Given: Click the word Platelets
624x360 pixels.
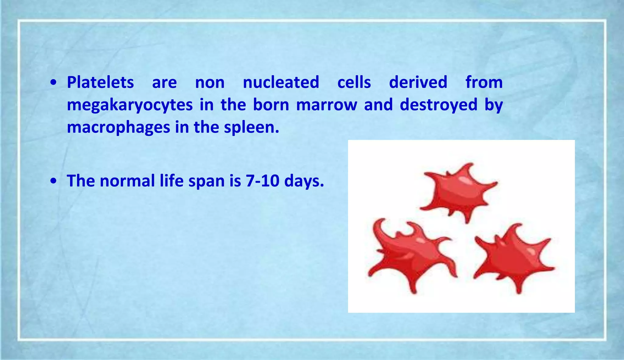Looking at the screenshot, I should [x=100, y=83].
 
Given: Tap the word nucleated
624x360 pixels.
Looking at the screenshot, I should [x=281, y=83].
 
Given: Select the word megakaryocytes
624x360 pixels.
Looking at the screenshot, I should [x=129, y=105].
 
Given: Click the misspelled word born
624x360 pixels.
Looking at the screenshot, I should [x=271, y=105].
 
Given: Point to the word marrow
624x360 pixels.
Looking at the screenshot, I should [x=326, y=105].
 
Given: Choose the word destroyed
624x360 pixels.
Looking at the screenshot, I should [x=438, y=105].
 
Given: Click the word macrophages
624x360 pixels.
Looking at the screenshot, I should [x=118, y=127].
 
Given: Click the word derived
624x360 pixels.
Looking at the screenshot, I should [x=418, y=83].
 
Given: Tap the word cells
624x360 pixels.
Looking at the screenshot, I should [x=354, y=83].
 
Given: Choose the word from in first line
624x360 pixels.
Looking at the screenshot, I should [x=484, y=83].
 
